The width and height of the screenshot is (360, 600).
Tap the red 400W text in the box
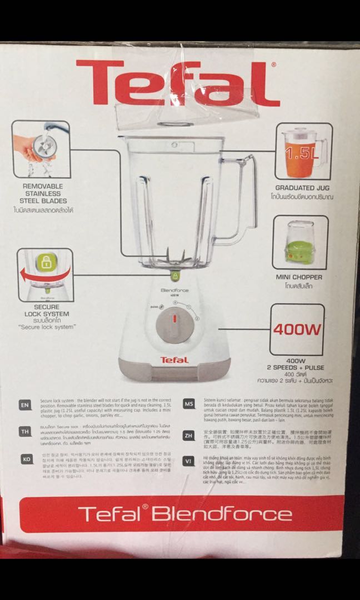click(297, 329)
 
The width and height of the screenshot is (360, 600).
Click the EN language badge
click(25, 405)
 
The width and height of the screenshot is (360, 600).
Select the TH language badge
click(25, 432)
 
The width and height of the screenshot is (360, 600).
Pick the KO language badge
click(25, 459)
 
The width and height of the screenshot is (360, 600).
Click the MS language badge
click(188, 404)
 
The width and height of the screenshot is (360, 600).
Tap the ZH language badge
click(188, 436)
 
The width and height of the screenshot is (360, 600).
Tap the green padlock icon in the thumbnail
click(45, 263)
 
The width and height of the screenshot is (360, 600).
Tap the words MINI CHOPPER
click(299, 277)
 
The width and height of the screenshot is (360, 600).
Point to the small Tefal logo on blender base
click(174, 359)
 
